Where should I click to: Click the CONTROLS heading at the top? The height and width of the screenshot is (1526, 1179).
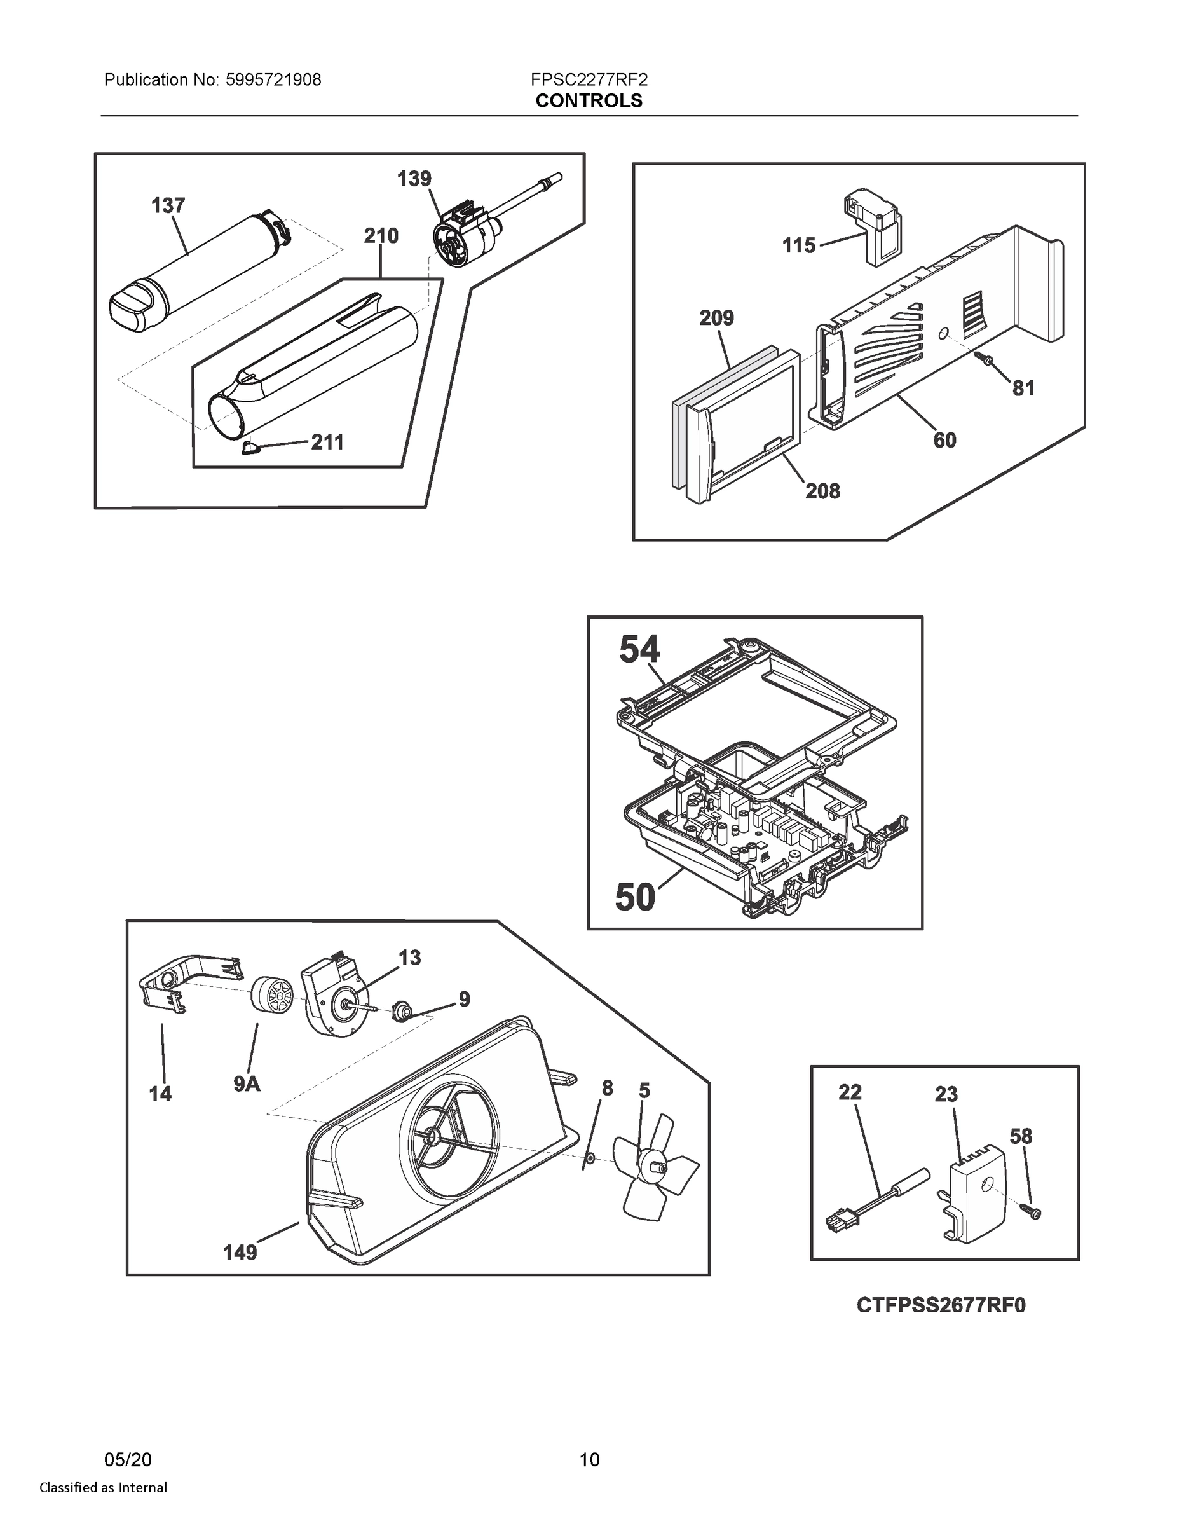[588, 100]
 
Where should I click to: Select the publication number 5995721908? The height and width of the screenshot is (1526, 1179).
[273, 79]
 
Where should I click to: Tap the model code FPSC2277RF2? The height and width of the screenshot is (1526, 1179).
[588, 79]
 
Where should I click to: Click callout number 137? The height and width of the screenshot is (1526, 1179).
[168, 205]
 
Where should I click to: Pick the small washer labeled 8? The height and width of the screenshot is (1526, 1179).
[589, 1158]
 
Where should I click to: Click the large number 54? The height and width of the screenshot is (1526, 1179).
[639, 650]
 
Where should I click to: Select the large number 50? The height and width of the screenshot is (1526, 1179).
[635, 897]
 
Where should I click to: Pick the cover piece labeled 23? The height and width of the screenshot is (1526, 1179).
[976, 1199]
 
